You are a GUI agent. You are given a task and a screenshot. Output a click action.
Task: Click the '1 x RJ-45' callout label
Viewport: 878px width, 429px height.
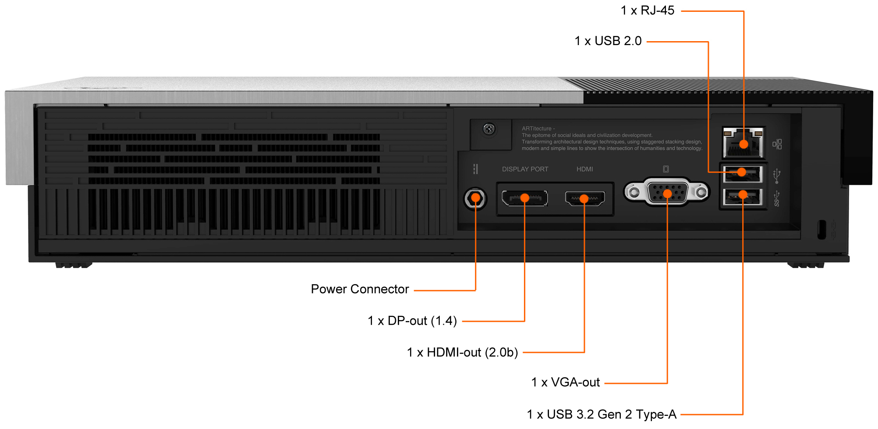tap(647, 11)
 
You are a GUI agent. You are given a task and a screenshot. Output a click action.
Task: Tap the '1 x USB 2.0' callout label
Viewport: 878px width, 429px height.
tap(608, 41)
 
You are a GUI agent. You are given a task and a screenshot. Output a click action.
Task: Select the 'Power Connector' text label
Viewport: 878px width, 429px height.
tap(360, 289)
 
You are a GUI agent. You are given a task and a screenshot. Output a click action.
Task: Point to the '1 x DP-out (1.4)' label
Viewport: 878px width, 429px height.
tap(412, 321)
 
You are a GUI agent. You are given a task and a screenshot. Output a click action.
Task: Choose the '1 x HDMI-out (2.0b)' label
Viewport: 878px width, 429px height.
tap(462, 352)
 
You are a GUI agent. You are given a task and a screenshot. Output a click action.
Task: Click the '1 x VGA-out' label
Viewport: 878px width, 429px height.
tap(565, 383)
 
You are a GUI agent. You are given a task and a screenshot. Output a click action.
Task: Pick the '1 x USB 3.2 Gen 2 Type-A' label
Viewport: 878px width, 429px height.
tap(602, 414)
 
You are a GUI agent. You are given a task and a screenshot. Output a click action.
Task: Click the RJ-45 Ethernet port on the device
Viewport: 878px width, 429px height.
tap(743, 142)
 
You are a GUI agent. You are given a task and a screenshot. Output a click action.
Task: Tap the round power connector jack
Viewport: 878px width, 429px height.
tap(475, 199)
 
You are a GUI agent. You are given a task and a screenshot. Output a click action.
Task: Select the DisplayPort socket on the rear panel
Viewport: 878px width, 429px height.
tap(524, 198)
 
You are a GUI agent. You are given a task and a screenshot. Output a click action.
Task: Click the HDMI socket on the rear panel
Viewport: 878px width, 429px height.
tap(585, 199)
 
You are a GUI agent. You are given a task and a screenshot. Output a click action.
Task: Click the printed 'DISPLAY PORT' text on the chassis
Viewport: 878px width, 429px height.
tap(525, 169)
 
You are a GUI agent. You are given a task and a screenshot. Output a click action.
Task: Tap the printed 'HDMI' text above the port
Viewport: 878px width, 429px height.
tap(584, 169)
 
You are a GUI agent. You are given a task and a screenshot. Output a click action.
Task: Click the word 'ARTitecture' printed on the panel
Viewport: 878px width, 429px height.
tap(537, 129)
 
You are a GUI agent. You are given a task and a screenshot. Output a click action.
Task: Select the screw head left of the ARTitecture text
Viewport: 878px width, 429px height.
tap(489, 129)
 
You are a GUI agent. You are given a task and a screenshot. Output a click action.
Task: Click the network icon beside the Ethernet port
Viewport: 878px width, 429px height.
tap(777, 144)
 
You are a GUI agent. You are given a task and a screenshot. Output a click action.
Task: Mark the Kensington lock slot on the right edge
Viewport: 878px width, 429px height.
tap(822, 229)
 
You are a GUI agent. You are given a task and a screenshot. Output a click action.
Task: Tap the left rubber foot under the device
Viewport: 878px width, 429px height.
tap(74, 265)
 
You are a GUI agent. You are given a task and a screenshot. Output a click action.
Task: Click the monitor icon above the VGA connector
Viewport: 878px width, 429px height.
tap(666, 169)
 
